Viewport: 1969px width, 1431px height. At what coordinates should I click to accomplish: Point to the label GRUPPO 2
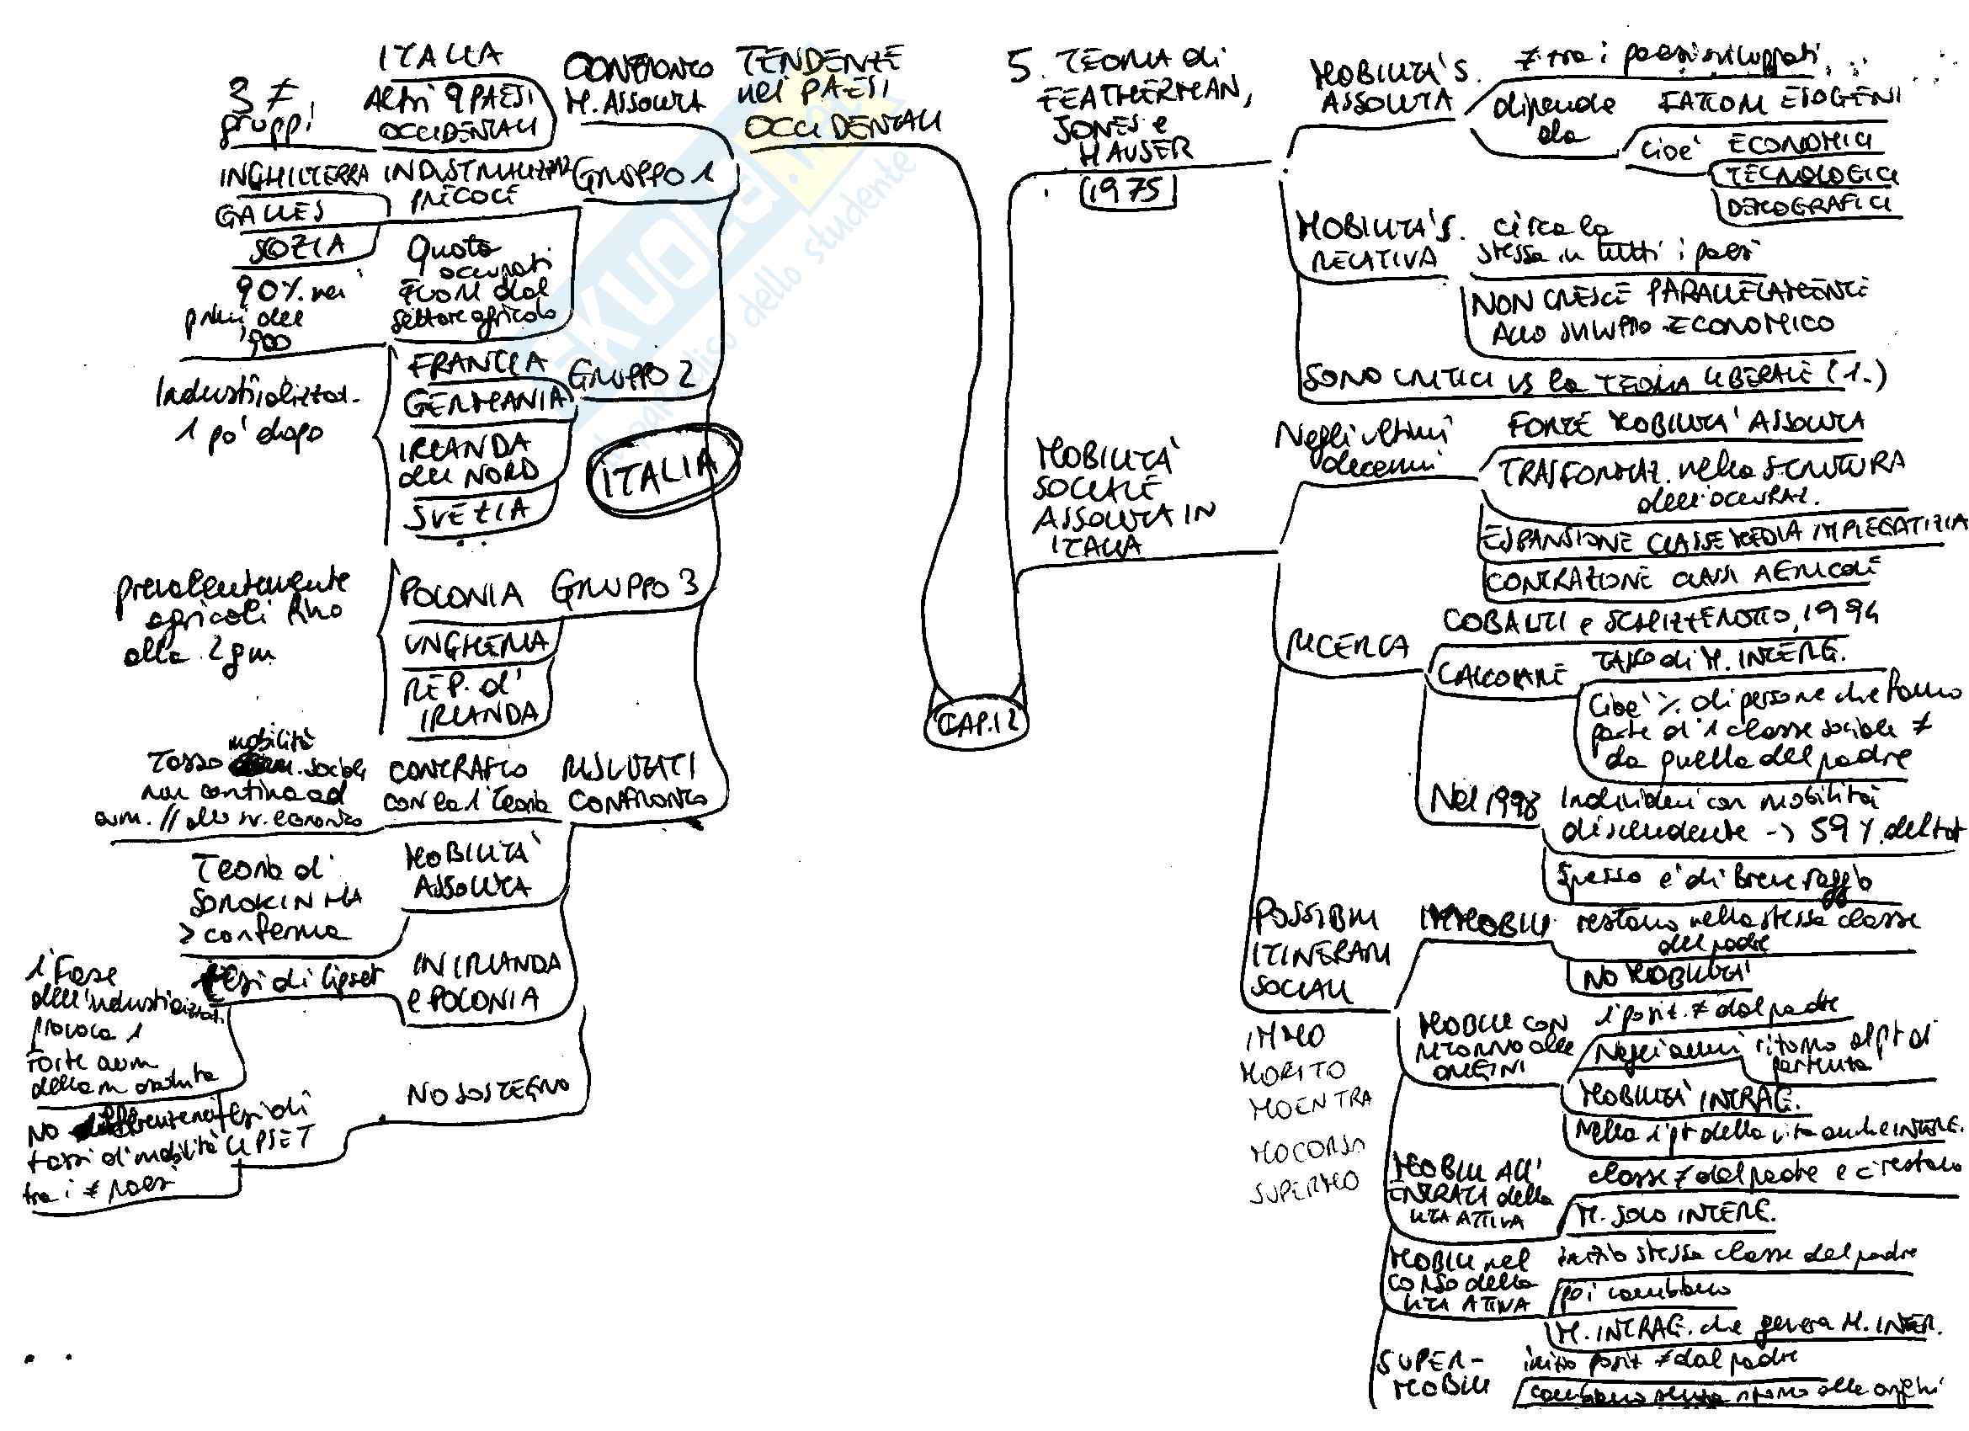click(x=631, y=375)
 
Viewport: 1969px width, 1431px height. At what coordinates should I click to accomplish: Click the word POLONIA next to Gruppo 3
click(x=461, y=596)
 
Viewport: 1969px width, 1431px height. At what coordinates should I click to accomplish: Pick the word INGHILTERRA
click(x=294, y=176)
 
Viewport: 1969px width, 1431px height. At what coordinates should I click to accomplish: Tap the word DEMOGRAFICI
click(x=1809, y=208)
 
